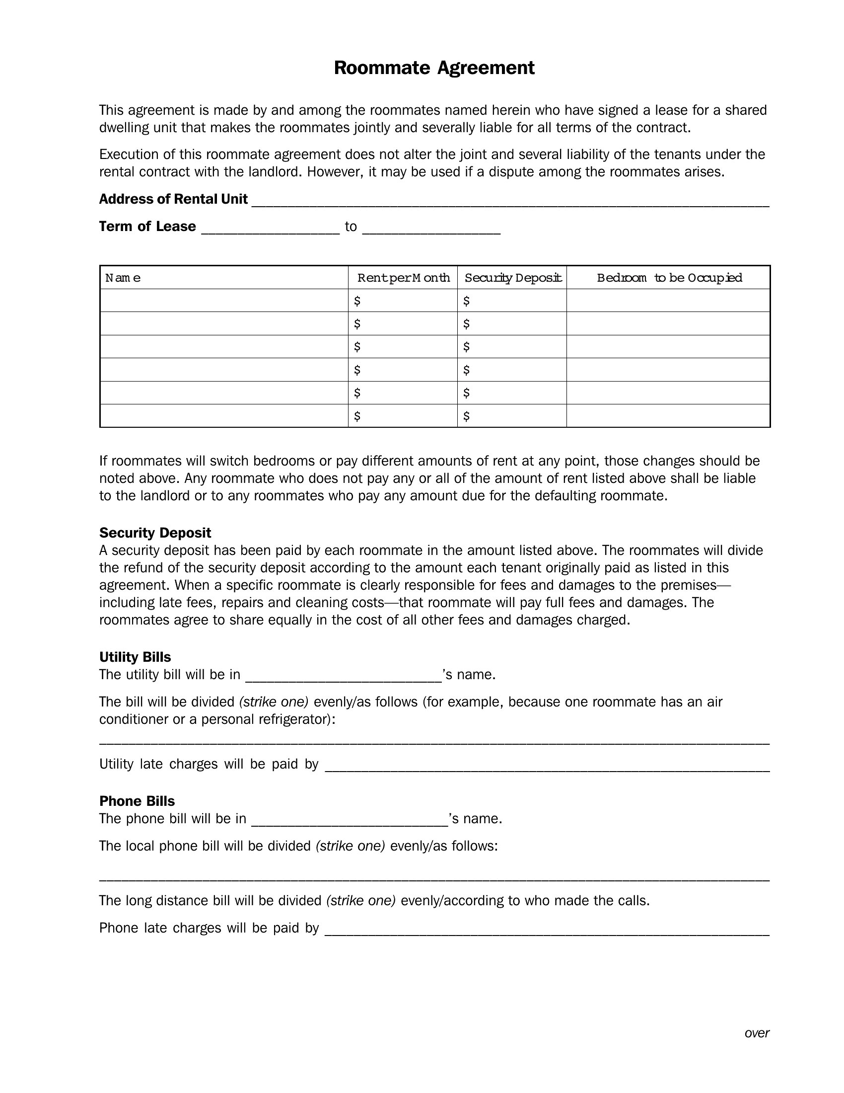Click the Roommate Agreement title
433,68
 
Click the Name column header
123,278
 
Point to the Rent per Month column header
403,278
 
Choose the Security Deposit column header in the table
512,278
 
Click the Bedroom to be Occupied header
669,278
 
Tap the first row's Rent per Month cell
403,301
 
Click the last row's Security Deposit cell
512,416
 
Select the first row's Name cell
224,301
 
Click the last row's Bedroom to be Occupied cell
669,416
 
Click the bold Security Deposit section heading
155,533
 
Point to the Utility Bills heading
135,657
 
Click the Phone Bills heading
137,801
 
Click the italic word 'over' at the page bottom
757,1033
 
